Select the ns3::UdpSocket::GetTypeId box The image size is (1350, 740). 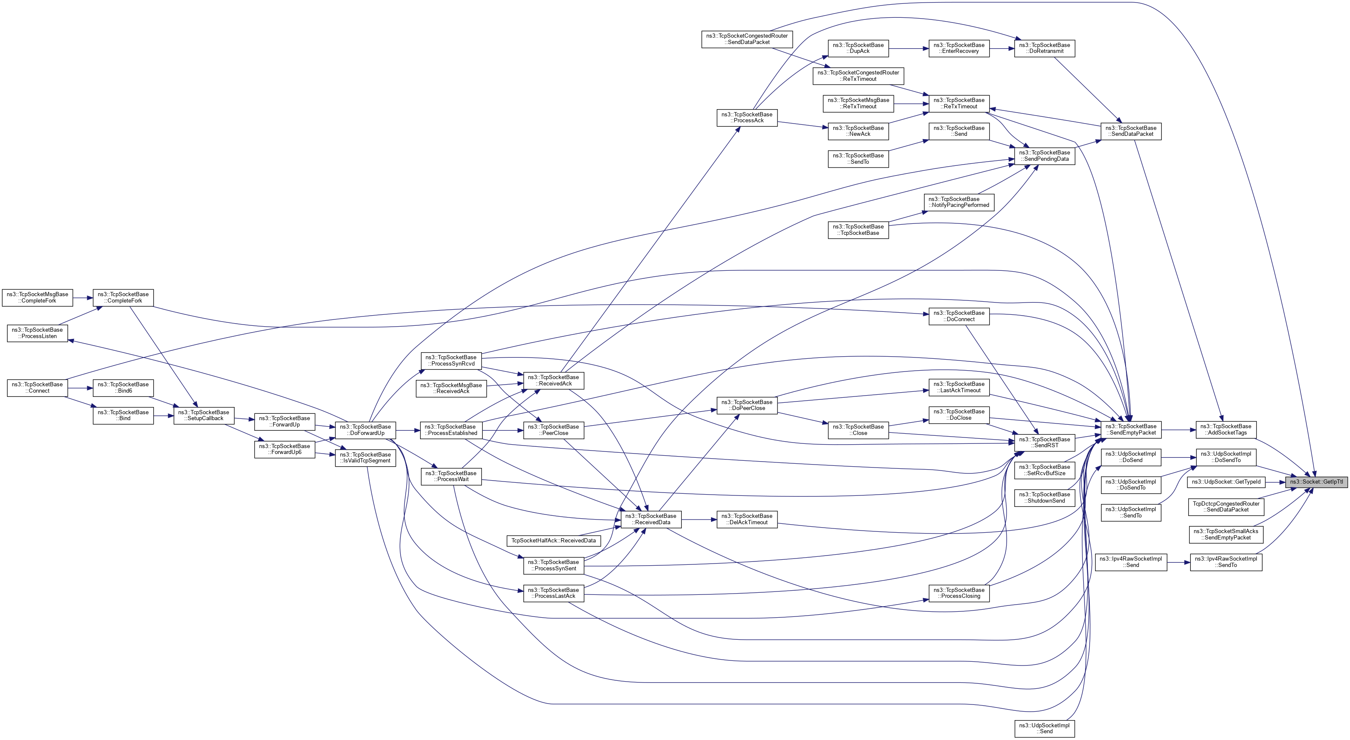(1226, 482)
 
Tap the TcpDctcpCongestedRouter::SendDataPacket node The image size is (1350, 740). (1226, 506)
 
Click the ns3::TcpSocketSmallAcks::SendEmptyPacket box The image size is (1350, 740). (1226, 534)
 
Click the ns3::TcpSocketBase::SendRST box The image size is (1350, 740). (1044, 443)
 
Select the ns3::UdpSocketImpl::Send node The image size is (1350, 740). (1044, 729)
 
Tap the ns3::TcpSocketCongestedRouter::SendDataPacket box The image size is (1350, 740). (747, 39)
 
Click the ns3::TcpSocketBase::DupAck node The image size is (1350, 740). (858, 48)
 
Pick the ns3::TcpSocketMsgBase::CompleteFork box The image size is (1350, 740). (37, 297)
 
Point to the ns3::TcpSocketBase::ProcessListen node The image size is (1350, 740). (37, 333)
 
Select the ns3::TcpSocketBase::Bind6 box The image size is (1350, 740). (123, 388)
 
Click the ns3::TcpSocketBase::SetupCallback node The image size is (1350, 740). (203, 415)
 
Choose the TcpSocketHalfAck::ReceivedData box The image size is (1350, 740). (553, 540)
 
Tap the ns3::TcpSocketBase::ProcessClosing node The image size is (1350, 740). (959, 593)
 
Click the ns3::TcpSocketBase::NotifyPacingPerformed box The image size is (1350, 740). (959, 202)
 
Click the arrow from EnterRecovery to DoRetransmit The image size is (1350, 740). (1001, 48)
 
